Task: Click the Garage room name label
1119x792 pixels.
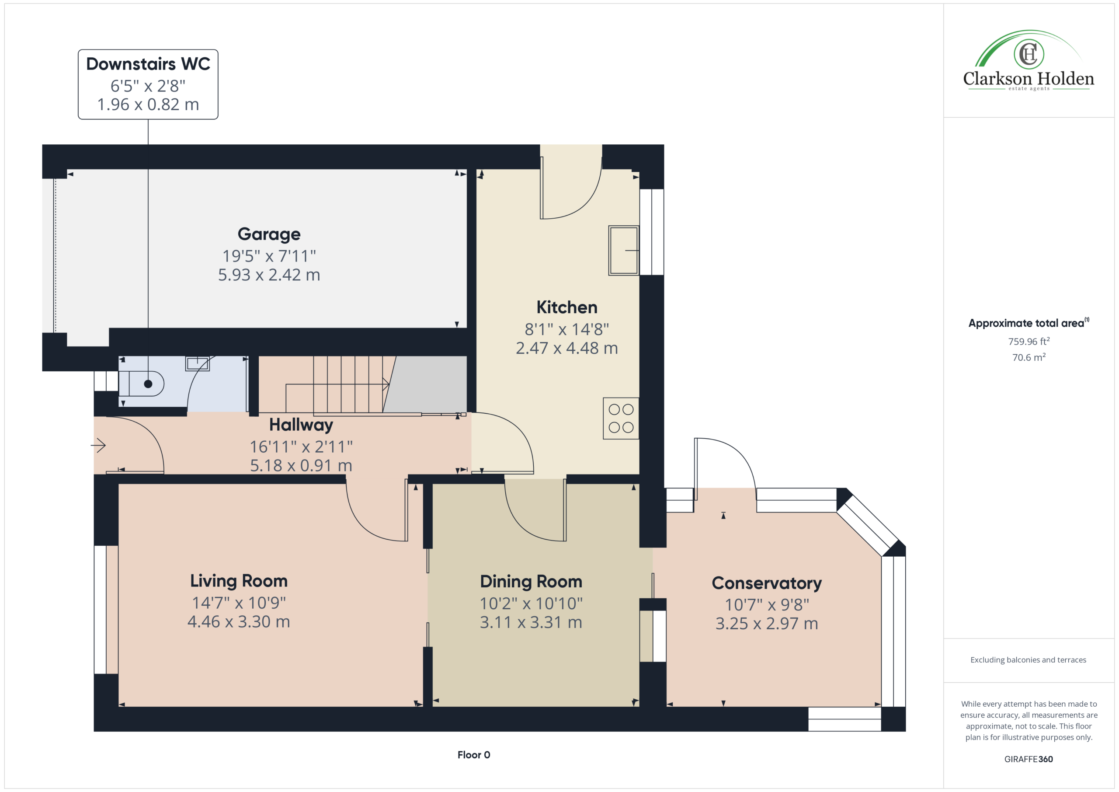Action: (x=269, y=234)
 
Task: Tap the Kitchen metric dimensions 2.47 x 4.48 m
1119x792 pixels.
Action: (x=567, y=348)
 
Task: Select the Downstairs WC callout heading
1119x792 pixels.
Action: (x=148, y=64)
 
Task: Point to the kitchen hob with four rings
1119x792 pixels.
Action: (x=621, y=419)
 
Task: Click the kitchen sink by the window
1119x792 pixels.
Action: (x=624, y=251)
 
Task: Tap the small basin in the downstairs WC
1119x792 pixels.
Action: (x=198, y=363)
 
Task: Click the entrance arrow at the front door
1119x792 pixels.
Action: (x=98, y=445)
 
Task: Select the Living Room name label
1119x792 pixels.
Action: (x=239, y=581)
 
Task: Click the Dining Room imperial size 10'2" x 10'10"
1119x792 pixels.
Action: (x=531, y=604)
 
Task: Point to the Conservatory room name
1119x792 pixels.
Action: (x=767, y=583)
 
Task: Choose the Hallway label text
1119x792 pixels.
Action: (x=301, y=425)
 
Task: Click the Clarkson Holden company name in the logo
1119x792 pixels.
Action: (x=1029, y=79)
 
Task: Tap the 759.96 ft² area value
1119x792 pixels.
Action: (x=1029, y=342)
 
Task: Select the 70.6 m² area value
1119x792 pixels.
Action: (x=1029, y=357)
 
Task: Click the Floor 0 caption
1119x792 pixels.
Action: (x=474, y=755)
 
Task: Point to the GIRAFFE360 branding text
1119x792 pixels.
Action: (x=1029, y=759)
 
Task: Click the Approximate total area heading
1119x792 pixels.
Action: (x=1029, y=323)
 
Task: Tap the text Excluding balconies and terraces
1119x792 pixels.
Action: (x=1029, y=660)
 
